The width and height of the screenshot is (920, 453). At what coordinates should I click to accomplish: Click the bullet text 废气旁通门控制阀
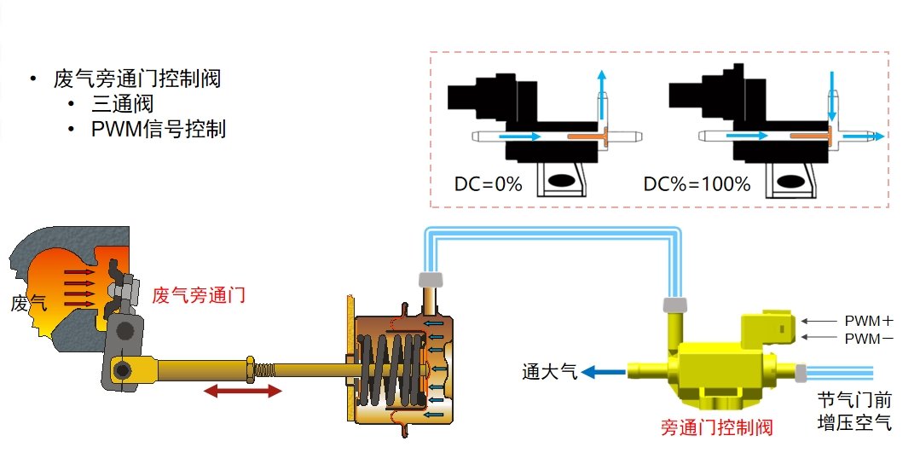[136, 79]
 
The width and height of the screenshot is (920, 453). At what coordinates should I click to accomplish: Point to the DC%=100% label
[697, 184]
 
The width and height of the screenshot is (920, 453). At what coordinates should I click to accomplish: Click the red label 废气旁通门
[199, 296]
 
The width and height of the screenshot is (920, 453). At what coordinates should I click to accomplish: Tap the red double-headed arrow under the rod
[242, 391]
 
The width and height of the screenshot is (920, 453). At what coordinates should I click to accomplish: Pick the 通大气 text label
[550, 371]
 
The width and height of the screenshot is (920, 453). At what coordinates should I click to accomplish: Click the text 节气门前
[853, 399]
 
